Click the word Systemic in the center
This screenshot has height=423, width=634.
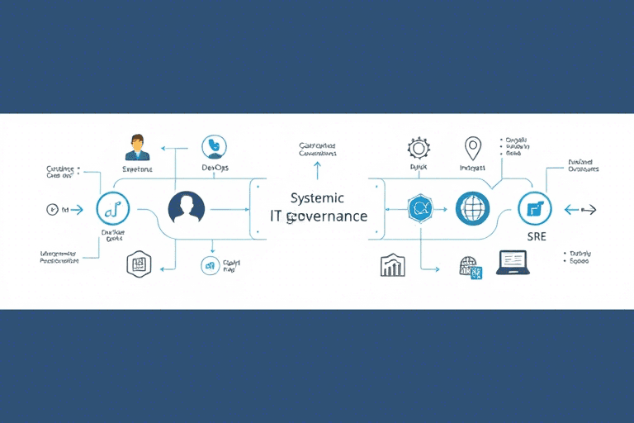(x=317, y=198)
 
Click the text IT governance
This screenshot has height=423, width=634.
(x=319, y=216)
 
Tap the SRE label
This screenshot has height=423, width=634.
(x=536, y=236)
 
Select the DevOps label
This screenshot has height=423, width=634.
(x=215, y=168)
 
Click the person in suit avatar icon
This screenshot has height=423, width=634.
(x=136, y=147)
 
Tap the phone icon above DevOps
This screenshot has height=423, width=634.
(x=215, y=146)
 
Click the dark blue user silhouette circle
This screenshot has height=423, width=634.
(x=186, y=208)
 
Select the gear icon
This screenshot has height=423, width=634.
(x=419, y=149)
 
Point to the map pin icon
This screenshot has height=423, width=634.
(x=472, y=149)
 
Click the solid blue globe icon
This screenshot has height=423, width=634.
(x=473, y=208)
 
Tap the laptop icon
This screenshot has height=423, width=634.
(x=511, y=263)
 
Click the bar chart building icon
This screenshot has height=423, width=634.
(x=392, y=265)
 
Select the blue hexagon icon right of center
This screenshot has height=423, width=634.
(x=420, y=208)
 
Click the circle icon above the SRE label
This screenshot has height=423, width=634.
(x=534, y=208)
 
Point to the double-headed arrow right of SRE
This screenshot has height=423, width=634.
(x=580, y=210)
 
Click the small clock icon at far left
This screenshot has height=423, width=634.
(x=54, y=210)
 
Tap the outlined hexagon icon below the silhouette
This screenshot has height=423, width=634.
(x=138, y=264)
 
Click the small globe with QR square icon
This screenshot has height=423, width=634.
(x=470, y=267)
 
